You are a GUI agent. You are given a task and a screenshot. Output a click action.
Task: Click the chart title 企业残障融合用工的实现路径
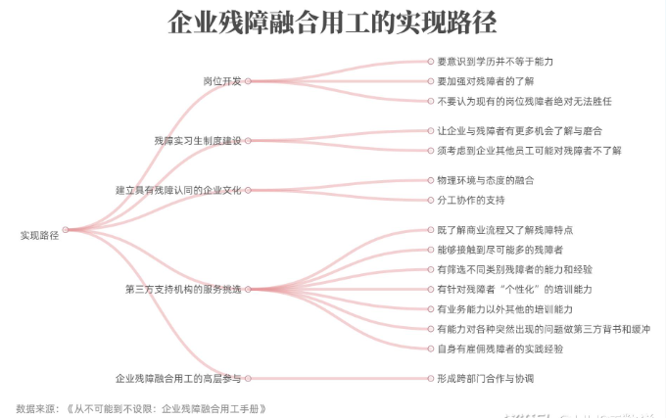pos(332,23)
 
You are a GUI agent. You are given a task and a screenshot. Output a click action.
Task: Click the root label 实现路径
pos(39,236)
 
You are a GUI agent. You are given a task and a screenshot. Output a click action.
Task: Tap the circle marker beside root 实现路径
pos(66,230)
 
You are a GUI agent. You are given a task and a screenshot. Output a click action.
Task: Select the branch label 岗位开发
pos(221,81)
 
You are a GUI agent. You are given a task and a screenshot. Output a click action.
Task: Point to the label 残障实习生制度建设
pos(198,140)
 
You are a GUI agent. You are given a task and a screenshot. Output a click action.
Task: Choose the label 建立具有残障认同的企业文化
pos(178,190)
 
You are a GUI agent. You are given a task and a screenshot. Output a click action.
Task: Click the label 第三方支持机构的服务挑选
pos(183,290)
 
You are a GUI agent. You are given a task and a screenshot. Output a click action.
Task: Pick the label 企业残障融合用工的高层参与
pos(178,379)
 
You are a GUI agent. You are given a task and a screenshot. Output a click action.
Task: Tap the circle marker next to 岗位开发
pos(248,81)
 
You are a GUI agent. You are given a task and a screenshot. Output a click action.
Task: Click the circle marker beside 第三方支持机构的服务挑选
pos(248,290)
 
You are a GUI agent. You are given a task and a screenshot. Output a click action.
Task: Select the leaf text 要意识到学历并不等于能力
pos(496,62)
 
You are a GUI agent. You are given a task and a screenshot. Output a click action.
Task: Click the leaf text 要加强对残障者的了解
pos(486,81)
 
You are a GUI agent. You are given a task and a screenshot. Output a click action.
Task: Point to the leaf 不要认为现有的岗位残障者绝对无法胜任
pos(525,101)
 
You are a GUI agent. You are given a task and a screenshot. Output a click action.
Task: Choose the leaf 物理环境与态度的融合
pos(486,180)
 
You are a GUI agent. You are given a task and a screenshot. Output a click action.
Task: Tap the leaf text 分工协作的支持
pos(471,200)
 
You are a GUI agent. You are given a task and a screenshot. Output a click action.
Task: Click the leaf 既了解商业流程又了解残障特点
pos(505,230)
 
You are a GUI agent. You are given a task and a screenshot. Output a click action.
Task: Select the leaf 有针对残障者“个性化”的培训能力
pos(514,290)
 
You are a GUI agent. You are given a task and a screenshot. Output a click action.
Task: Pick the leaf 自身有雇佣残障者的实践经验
pos(499,348)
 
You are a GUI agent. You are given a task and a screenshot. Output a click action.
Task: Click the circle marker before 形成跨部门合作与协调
pos(431,379)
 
